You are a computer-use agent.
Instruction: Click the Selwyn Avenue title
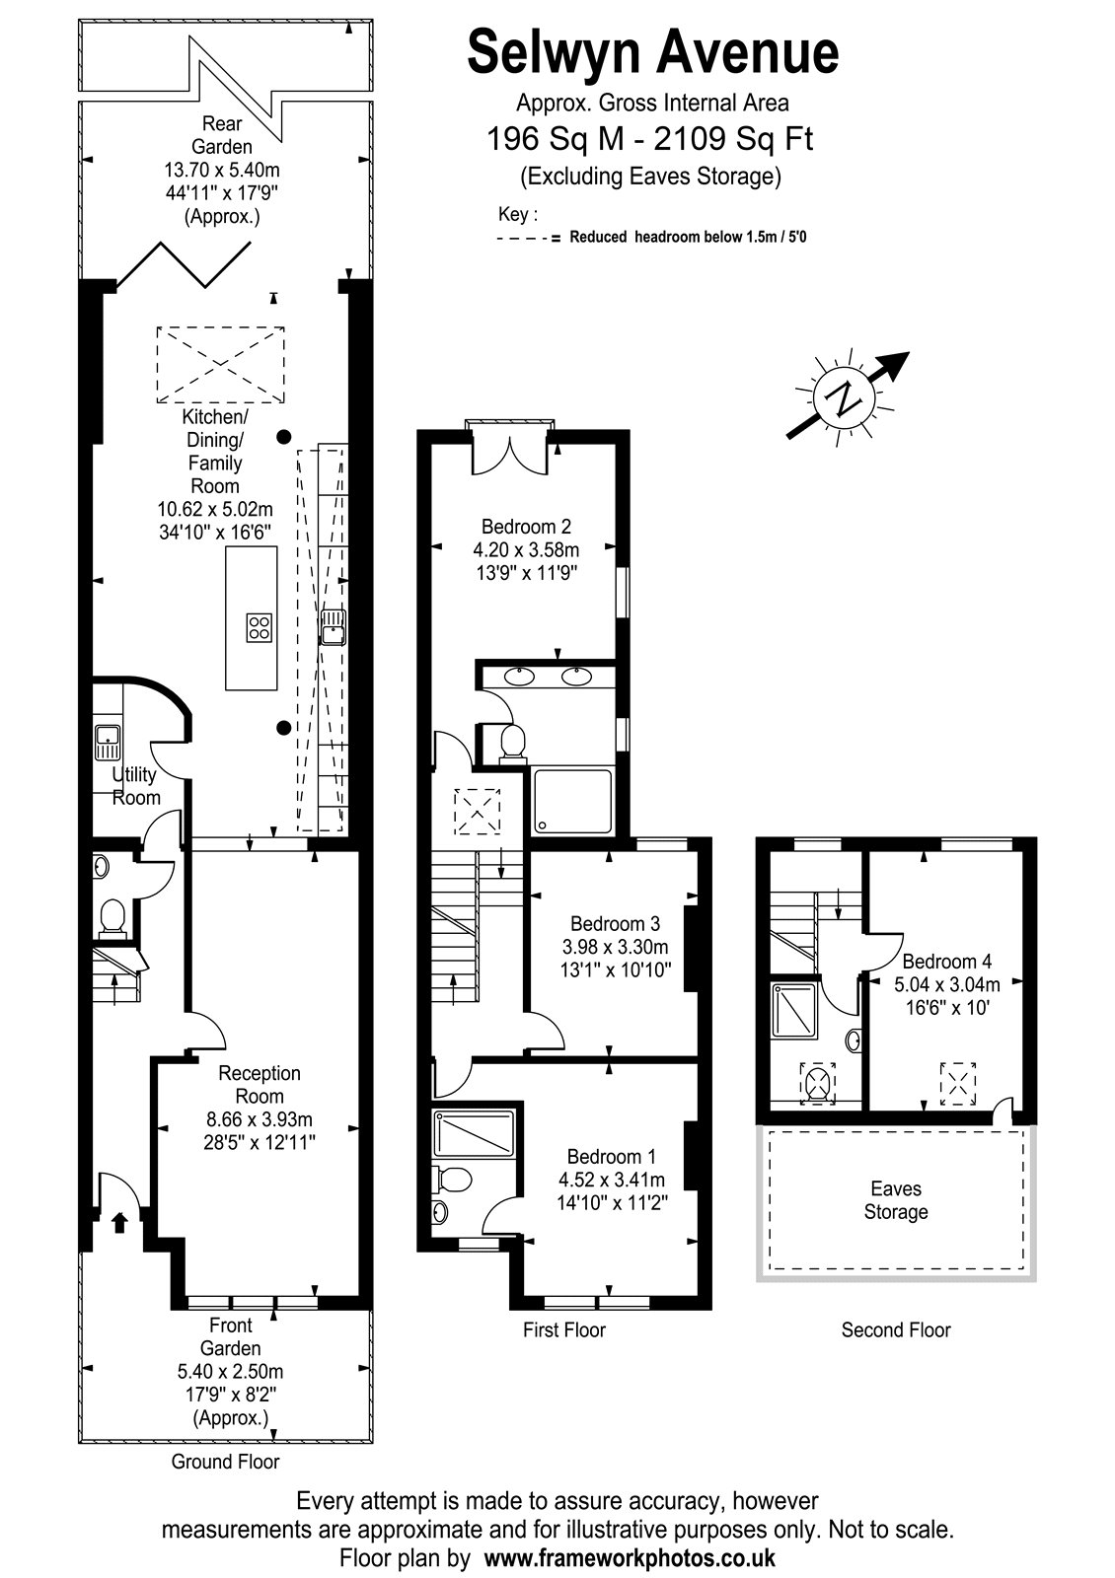[x=652, y=53]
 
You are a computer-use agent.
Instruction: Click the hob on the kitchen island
[x=259, y=627]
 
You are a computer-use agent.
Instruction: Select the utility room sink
[x=108, y=744]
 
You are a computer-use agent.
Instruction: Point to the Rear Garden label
[x=222, y=135]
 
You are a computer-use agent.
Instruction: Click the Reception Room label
[x=260, y=1084]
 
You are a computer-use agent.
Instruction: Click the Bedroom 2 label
[x=527, y=527]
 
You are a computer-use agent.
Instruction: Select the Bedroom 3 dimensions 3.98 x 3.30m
[x=616, y=947]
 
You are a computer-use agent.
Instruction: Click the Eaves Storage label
[x=896, y=1200]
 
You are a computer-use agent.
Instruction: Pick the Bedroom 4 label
[x=947, y=961]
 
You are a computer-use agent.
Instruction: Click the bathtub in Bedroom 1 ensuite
[x=474, y=1134]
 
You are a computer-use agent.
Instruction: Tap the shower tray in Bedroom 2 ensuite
[x=572, y=802]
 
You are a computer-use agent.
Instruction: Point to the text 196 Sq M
[x=556, y=138]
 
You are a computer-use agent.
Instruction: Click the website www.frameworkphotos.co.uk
[x=630, y=1556]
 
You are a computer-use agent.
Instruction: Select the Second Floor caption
[x=896, y=1330]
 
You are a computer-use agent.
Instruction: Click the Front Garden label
[x=231, y=1336]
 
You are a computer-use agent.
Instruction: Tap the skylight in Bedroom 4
[x=958, y=1084]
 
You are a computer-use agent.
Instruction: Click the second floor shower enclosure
[x=794, y=1010]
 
